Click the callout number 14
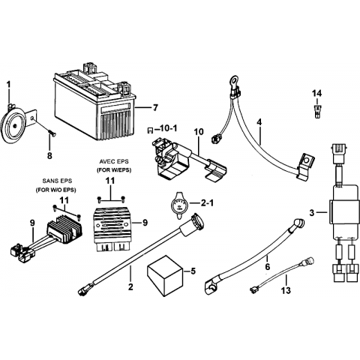point(316,94)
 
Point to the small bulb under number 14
point(316,110)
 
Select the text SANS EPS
point(57,181)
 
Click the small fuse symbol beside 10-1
point(150,130)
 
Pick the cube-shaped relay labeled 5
point(165,275)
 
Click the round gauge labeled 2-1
point(179,205)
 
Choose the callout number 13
point(286,290)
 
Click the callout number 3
point(311,213)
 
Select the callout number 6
point(268,266)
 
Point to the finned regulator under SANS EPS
point(64,229)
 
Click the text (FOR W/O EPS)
point(55,190)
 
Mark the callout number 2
point(130,287)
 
